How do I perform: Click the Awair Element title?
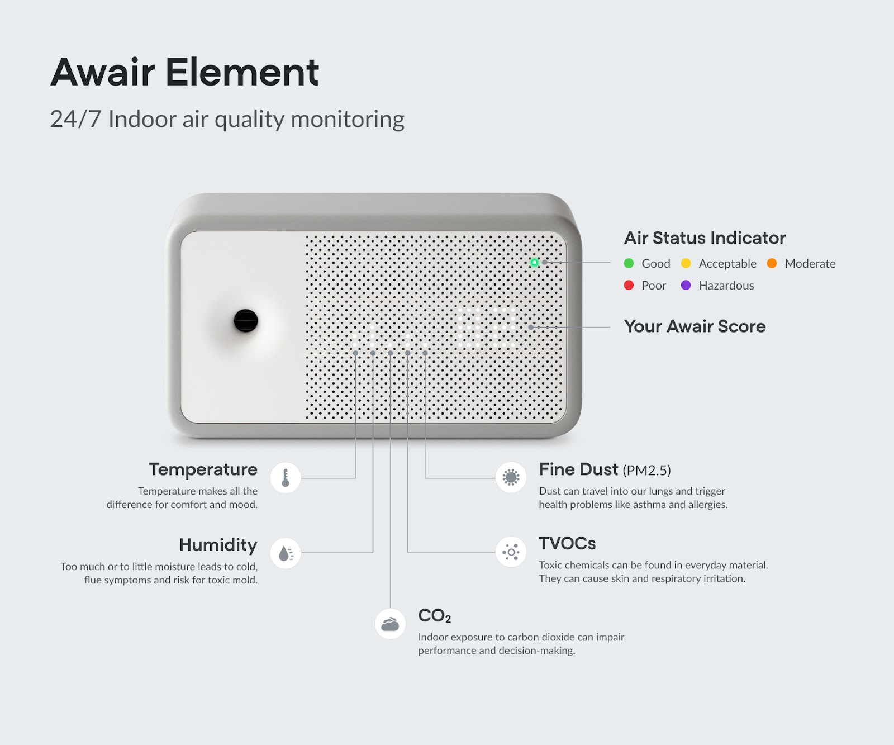pyautogui.click(x=185, y=72)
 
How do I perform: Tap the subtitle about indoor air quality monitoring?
pyautogui.click(x=227, y=119)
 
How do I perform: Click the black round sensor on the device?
pyautogui.click(x=246, y=321)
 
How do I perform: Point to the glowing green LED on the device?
pyautogui.click(x=535, y=262)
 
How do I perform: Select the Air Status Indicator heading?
pyautogui.click(x=705, y=238)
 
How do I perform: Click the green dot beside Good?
pyautogui.click(x=629, y=263)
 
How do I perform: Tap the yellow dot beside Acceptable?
pyautogui.click(x=686, y=263)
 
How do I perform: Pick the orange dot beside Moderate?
pyautogui.click(x=772, y=263)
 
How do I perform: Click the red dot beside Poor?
pyautogui.click(x=629, y=285)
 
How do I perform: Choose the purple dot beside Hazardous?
pyautogui.click(x=686, y=285)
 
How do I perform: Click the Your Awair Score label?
pyautogui.click(x=695, y=326)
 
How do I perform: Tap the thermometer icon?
pyautogui.click(x=286, y=478)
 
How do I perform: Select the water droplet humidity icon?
pyautogui.click(x=286, y=553)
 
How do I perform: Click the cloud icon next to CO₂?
pyautogui.click(x=390, y=624)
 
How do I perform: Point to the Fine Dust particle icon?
pyautogui.click(x=511, y=477)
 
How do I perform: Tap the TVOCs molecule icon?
pyautogui.click(x=511, y=553)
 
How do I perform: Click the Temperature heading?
pyautogui.click(x=203, y=470)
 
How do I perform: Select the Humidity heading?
pyautogui.click(x=218, y=545)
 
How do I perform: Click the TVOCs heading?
pyautogui.click(x=567, y=543)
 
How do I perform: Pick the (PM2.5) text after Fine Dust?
pyautogui.click(x=646, y=471)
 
